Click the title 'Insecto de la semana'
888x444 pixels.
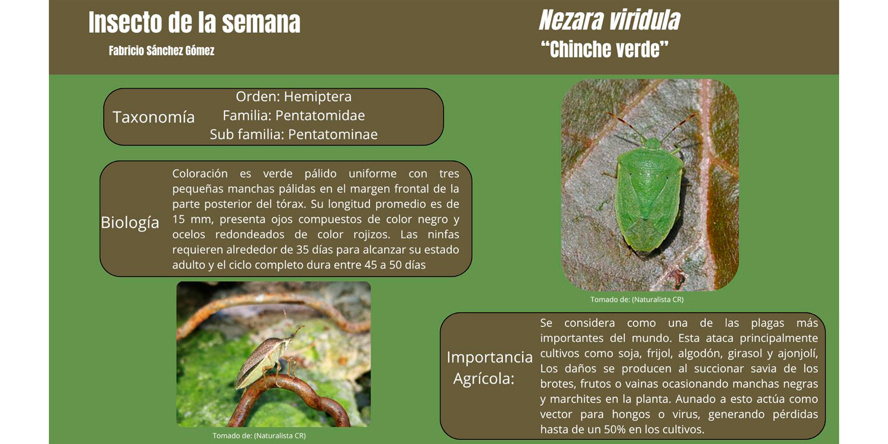click(x=194, y=22)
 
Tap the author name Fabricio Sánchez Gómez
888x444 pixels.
click(x=162, y=51)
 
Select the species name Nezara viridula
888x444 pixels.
click(x=609, y=20)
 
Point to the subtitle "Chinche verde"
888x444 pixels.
click(x=605, y=49)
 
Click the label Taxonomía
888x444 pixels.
click(x=153, y=117)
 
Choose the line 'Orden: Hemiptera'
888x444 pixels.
click(x=294, y=97)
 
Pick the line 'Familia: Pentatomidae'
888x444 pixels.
click(x=294, y=115)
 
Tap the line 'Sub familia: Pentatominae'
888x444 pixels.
click(x=294, y=134)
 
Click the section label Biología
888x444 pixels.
click(x=130, y=223)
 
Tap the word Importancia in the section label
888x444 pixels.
click(x=490, y=357)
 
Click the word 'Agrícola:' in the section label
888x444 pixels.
click(x=483, y=379)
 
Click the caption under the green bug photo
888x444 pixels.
click(x=637, y=300)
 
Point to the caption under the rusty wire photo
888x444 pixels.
click(x=259, y=436)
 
